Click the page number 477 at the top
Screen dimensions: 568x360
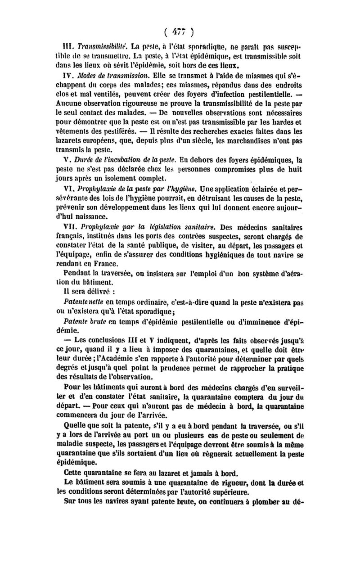179,32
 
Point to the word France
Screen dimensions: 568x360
105,264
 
